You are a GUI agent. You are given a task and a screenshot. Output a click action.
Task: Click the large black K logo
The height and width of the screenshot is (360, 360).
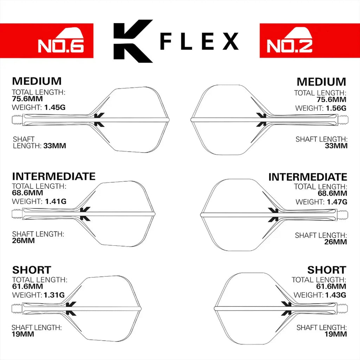pyautogui.click(x=132, y=41)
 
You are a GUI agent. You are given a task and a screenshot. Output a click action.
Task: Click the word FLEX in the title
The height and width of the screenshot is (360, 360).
pyautogui.click(x=199, y=41)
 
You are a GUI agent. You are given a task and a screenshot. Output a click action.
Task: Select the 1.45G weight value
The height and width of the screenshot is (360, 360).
pyautogui.click(x=55, y=108)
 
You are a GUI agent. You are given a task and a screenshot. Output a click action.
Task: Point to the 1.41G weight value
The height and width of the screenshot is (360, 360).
pyautogui.click(x=56, y=201)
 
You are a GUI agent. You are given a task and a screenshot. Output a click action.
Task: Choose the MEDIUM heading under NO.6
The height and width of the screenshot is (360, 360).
pyautogui.click(x=37, y=81)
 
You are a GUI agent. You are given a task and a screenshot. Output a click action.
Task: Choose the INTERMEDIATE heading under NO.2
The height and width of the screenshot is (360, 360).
pyautogui.click(x=308, y=177)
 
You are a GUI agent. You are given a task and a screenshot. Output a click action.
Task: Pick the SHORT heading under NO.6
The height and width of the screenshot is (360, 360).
pyautogui.click(x=32, y=270)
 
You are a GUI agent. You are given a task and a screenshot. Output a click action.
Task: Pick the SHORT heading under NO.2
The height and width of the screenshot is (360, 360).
pyautogui.click(x=327, y=270)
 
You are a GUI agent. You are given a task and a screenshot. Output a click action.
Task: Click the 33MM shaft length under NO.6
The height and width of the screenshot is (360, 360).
pyautogui.click(x=54, y=146)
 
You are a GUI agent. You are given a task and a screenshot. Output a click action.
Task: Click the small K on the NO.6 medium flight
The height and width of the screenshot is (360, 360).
pyautogui.click(x=99, y=120)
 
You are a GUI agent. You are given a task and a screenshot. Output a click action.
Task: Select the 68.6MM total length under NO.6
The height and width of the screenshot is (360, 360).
pyautogui.click(x=27, y=193)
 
